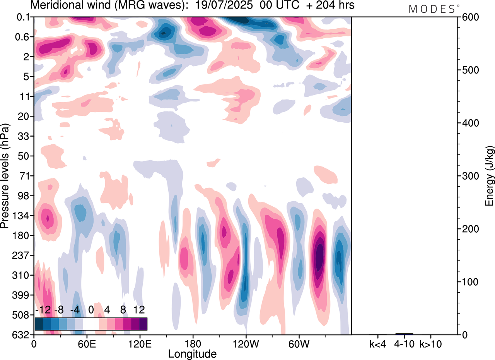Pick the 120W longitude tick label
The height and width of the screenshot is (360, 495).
tap(246, 343)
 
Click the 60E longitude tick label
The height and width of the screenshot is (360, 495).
tap(87, 343)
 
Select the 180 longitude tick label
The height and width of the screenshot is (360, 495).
tap(193, 343)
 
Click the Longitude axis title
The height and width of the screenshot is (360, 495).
tap(192, 353)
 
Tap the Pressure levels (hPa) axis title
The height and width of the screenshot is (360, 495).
tap(5, 176)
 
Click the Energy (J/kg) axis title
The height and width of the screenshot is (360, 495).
tap(490, 176)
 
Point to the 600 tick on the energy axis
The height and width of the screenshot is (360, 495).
tap(469, 17)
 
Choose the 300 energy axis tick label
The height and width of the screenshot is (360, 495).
tap(469, 176)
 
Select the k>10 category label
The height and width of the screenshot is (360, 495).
tap(430, 343)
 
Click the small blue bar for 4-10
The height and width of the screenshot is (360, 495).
tap(404, 334)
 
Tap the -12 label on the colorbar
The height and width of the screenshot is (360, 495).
tap(43, 310)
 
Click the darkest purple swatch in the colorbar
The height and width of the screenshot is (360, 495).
tap(143, 324)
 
